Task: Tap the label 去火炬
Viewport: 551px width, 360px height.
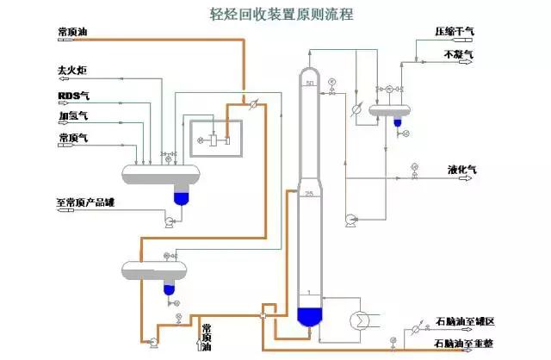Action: click(x=73, y=68)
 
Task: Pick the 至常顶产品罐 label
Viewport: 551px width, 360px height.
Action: click(x=86, y=203)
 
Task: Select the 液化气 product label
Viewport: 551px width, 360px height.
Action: click(x=462, y=169)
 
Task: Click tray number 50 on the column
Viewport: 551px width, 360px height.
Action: click(x=310, y=83)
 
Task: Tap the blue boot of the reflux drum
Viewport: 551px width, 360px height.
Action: click(x=398, y=122)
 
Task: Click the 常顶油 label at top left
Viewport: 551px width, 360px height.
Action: click(x=72, y=33)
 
